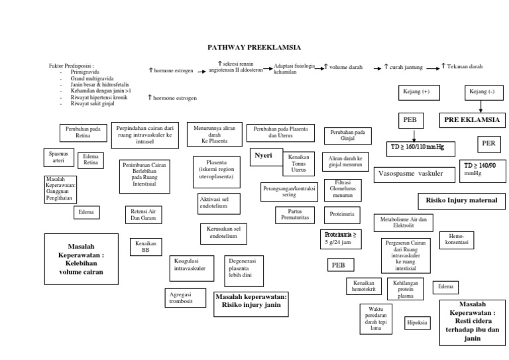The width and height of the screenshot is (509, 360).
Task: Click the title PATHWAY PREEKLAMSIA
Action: tap(254, 48)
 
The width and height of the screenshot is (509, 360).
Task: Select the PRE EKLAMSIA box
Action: tap(469, 121)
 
